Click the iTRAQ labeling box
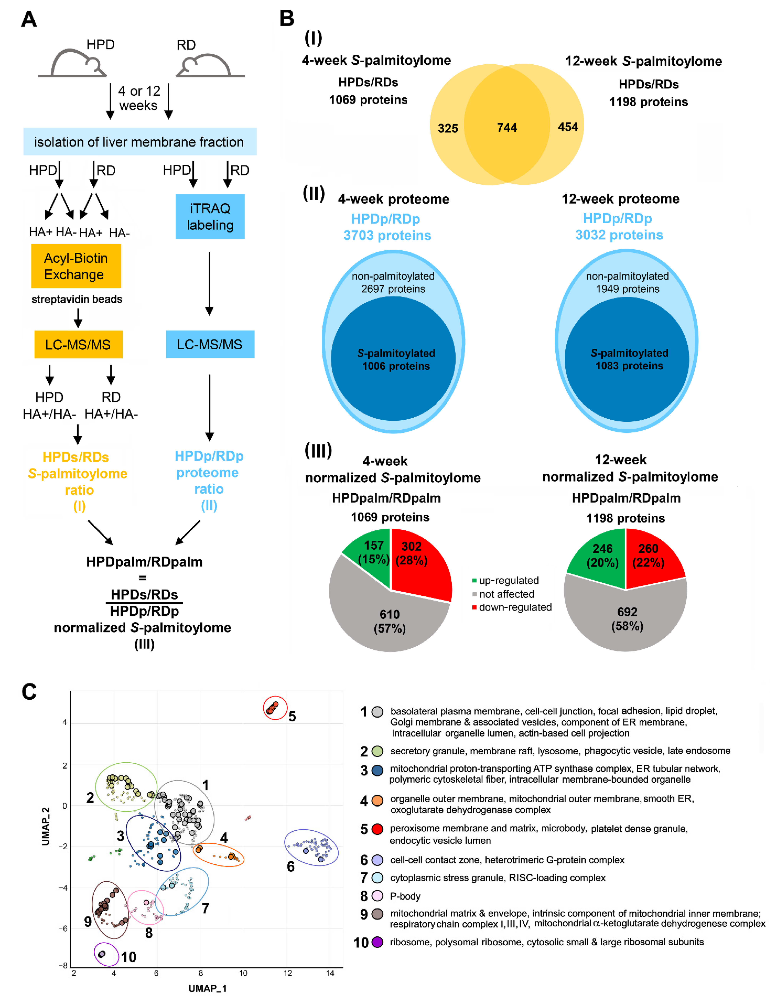click(x=210, y=216)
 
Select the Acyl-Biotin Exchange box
click(x=76, y=266)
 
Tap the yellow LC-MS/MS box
click(x=78, y=344)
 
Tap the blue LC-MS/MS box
click(x=210, y=344)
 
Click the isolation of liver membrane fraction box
click(x=140, y=142)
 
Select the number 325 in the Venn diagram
click(x=448, y=128)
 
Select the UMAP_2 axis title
click(x=45, y=826)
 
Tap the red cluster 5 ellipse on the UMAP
click(x=275, y=708)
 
